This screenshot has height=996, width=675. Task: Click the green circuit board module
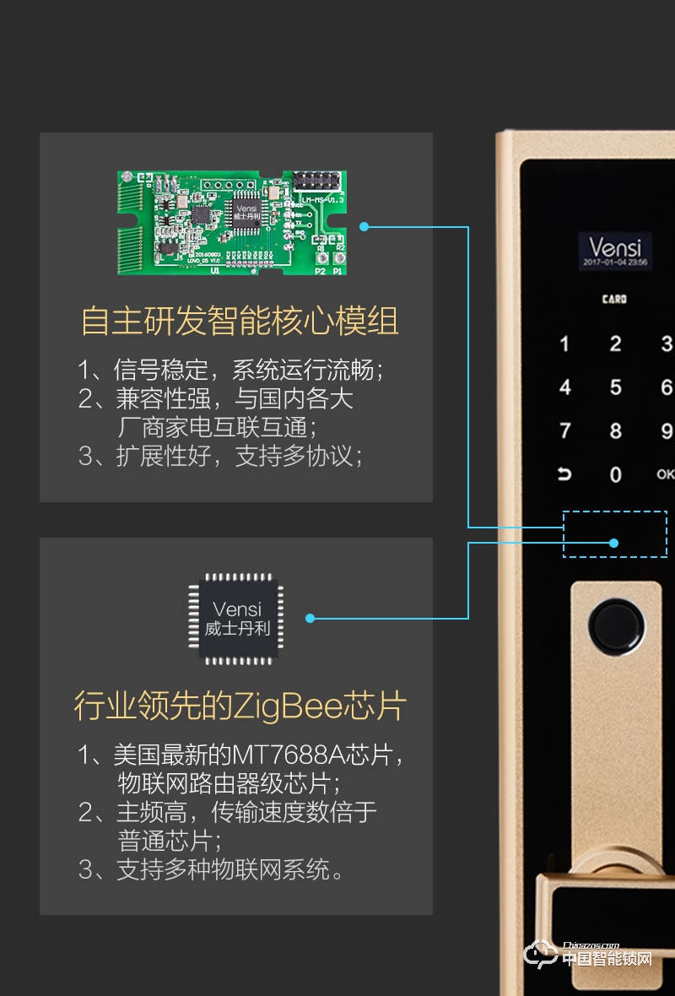coord(231,222)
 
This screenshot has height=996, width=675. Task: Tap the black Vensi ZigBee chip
coord(236,617)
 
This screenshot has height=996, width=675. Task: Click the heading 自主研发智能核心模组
coord(239,322)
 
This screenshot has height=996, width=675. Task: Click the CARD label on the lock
coord(614,300)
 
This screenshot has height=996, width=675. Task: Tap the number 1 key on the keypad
coord(564,344)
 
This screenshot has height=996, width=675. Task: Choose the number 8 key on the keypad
coord(615,431)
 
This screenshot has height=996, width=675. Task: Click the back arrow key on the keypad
coord(564,474)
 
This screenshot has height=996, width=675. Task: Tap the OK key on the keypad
coord(665,474)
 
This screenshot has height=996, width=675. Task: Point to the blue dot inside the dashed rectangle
coord(615,543)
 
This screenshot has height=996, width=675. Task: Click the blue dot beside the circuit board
coord(364,226)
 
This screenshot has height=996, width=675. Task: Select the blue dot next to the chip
coord(310,618)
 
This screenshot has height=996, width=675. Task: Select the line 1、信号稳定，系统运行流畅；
coord(231,370)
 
